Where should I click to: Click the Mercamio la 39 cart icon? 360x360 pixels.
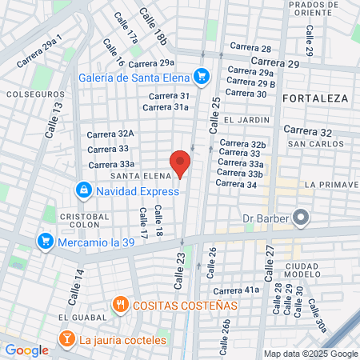(46, 240)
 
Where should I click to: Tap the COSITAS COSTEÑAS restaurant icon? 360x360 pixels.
(120, 305)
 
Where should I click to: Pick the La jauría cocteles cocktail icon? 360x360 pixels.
(66, 340)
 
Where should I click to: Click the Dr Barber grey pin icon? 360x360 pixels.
(301, 217)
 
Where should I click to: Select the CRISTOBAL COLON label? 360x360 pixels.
(84, 221)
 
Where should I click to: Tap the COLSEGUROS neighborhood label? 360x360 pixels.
(30, 94)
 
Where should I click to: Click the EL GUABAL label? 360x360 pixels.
(78, 318)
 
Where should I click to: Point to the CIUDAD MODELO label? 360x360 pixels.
(301, 270)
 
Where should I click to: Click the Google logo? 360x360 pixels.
(26, 350)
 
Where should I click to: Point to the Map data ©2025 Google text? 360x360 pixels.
(311, 354)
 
